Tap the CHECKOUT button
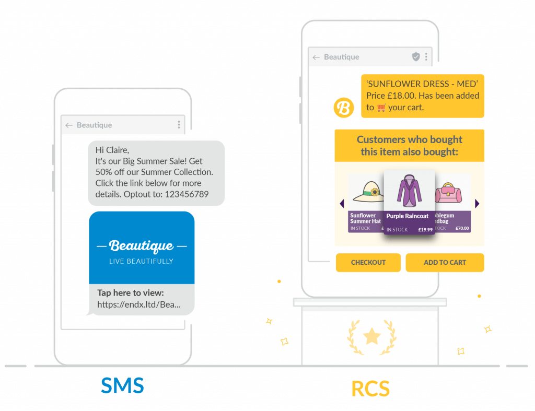(x=368, y=263)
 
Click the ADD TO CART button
(x=445, y=263)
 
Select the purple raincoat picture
(x=409, y=191)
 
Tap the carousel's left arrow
(x=342, y=204)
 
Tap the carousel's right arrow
(x=476, y=204)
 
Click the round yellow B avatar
(x=344, y=108)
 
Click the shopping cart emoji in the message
(x=381, y=108)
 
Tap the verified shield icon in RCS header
(x=416, y=57)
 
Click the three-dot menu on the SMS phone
(x=179, y=125)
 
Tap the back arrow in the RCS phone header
(x=316, y=57)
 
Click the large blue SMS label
(x=122, y=385)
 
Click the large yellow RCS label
(x=370, y=389)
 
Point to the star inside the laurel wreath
(x=371, y=336)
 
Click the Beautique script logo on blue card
(x=141, y=245)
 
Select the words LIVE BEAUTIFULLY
(x=141, y=261)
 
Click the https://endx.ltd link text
(x=138, y=304)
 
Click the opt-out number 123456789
(x=187, y=194)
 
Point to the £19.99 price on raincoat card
(x=425, y=230)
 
